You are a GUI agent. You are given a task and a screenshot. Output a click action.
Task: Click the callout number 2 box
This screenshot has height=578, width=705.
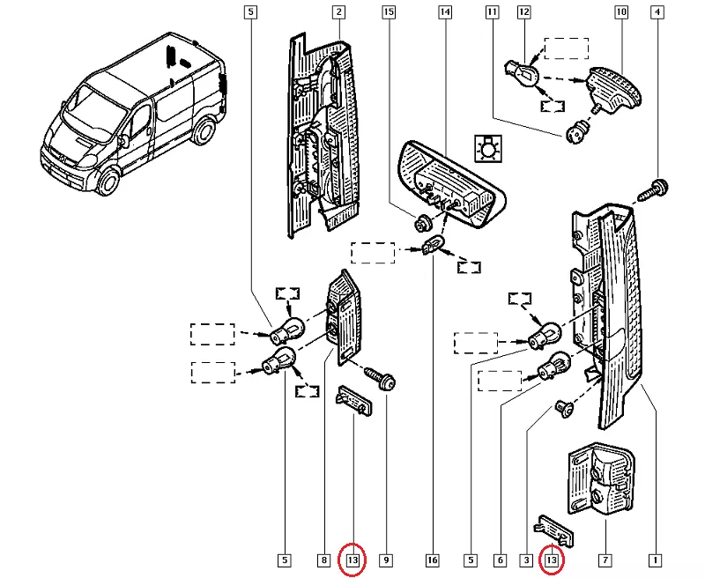(x=338, y=12)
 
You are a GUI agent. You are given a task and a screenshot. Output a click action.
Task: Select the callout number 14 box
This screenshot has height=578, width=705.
(x=445, y=12)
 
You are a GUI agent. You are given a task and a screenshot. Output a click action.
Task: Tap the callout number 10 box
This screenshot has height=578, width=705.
(x=621, y=12)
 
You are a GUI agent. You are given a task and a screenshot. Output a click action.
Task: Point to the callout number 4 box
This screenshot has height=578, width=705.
(x=657, y=12)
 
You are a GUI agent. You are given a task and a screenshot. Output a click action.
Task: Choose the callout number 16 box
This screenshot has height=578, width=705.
(x=432, y=559)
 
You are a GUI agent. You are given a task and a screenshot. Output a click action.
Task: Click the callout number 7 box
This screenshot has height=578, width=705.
(x=605, y=559)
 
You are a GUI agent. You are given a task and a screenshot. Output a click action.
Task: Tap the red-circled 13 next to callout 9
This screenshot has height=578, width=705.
(x=352, y=559)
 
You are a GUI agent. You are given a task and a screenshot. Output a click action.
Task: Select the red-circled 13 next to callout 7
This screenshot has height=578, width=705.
(x=553, y=559)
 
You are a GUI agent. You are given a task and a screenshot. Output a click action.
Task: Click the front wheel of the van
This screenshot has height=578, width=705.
(x=108, y=183)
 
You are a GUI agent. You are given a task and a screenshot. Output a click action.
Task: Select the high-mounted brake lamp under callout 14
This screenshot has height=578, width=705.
(x=448, y=183)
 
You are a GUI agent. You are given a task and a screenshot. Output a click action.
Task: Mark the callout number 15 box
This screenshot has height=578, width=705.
(x=389, y=12)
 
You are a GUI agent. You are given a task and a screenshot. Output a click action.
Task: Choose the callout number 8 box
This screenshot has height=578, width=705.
(x=323, y=559)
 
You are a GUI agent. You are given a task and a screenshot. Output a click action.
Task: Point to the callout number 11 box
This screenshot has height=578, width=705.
(x=492, y=12)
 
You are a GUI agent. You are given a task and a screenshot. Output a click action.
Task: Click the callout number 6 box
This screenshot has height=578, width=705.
(x=500, y=559)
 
